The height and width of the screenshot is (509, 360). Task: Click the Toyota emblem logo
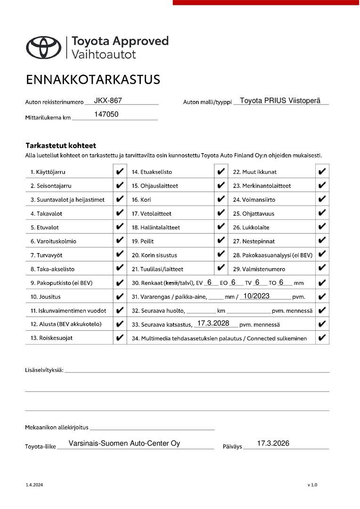[x=44, y=47]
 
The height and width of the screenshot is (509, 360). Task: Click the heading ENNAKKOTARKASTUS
[x=93, y=79]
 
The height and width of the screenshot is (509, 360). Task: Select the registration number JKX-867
[x=108, y=100]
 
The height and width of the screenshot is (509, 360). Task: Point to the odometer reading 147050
[x=106, y=114]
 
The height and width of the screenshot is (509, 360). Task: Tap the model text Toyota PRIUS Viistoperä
[x=280, y=100]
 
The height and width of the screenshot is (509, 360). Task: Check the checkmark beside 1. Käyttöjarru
[x=120, y=172]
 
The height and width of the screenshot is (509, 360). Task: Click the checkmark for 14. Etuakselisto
[x=221, y=172]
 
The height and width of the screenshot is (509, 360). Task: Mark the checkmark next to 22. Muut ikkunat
[x=322, y=172]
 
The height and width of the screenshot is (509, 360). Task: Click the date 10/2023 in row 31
[x=256, y=296]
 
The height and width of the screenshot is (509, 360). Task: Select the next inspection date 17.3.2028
[x=213, y=323]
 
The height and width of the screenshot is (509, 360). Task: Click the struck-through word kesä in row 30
[x=171, y=283]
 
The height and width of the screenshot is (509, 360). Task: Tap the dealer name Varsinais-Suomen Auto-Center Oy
[x=124, y=443]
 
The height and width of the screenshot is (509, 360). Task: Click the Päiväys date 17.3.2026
[x=273, y=443]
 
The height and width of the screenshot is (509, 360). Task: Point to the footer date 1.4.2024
[x=34, y=485]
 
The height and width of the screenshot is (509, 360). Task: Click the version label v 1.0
[x=312, y=485]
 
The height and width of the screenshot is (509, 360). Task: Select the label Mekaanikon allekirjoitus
[x=57, y=427]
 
